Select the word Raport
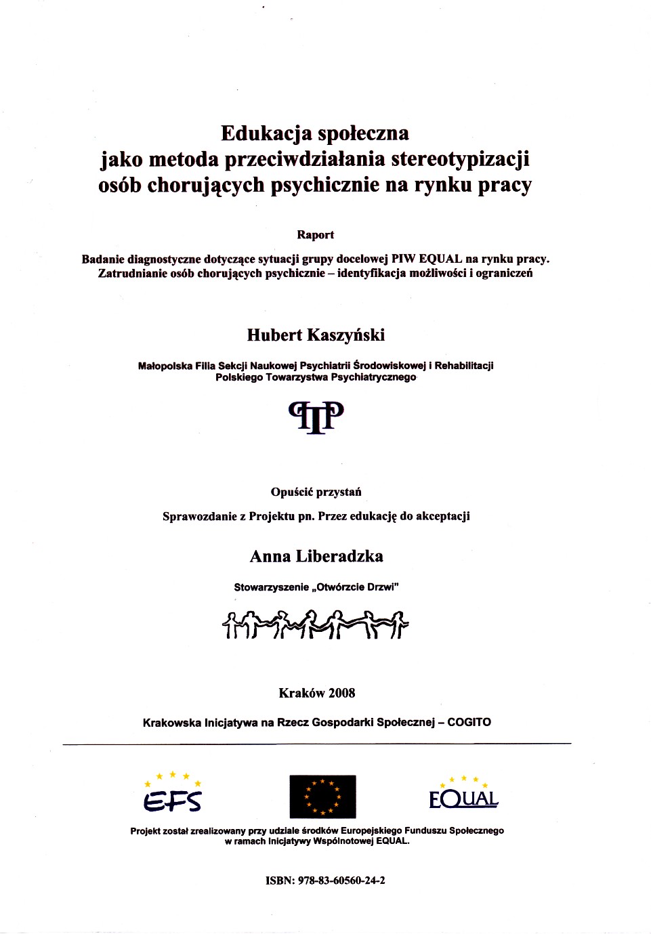(315, 235)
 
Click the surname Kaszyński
(345, 335)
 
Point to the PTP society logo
(316, 416)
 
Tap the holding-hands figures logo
(315, 624)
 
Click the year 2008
(341, 693)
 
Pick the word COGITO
(469, 723)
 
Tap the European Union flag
(322, 797)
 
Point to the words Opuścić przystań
(316, 492)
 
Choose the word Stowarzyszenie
(271, 587)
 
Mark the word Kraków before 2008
(301, 693)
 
